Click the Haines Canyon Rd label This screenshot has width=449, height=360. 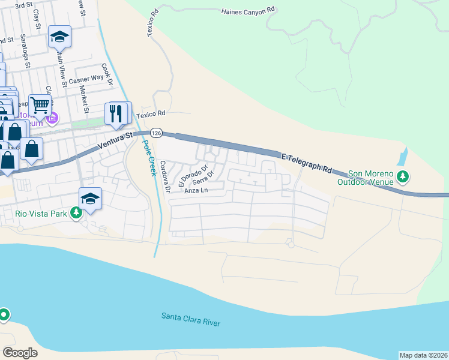click(x=247, y=11)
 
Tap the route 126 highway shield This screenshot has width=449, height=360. click(x=156, y=133)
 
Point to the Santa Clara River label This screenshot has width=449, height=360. click(x=191, y=319)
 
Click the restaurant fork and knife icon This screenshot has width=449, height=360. click(x=116, y=113)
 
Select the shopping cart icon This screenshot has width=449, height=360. click(x=40, y=105)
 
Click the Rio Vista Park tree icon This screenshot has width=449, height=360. click(x=76, y=213)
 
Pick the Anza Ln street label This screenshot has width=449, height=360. click(x=196, y=191)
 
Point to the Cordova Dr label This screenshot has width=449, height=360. click(x=166, y=177)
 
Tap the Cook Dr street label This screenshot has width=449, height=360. click(x=107, y=75)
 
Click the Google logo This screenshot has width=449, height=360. click(x=20, y=353)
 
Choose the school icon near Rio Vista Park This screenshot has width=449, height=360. click(x=90, y=199)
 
